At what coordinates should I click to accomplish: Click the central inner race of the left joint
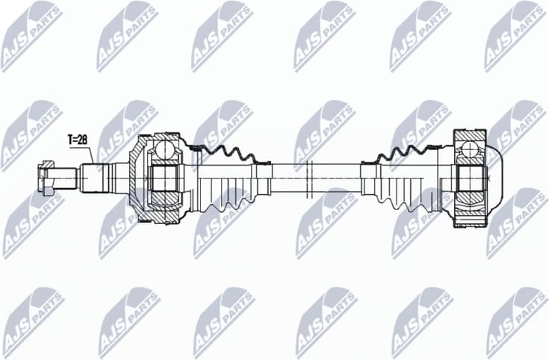[164, 180]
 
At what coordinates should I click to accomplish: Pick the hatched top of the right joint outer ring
[469, 136]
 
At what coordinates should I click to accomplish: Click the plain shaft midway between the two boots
[314, 179]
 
